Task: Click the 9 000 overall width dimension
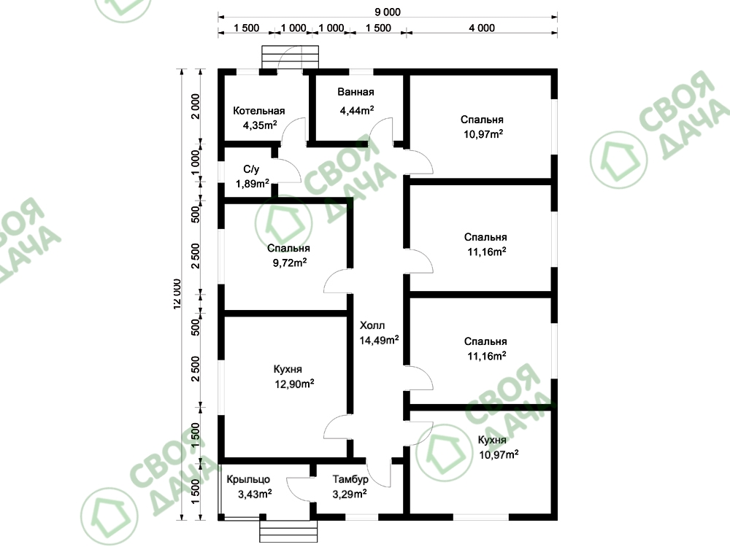388,12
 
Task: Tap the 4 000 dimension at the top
482,28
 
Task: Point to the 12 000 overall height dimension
177,294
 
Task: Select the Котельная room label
259,111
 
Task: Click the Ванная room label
356,92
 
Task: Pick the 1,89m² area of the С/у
253,183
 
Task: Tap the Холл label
372,325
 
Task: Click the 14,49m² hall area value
379,340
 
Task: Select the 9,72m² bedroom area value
290,263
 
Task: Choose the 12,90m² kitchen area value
294,384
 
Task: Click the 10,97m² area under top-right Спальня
483,134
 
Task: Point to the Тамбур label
350,479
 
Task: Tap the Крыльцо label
248,479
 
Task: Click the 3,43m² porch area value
255,494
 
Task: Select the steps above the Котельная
290,57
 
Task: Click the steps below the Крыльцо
288,531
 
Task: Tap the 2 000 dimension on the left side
196,106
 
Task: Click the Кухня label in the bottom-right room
492,440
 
